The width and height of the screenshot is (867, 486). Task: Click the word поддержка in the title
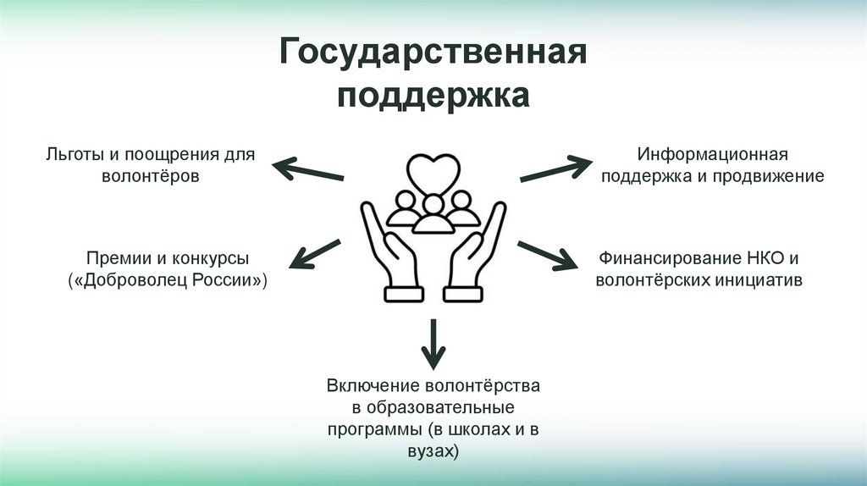433,97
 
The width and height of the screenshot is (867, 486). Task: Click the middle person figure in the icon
433,214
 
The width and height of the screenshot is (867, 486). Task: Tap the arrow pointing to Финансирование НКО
548,255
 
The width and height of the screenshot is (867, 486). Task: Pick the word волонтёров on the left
150,178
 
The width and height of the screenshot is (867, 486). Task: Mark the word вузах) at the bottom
433,451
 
